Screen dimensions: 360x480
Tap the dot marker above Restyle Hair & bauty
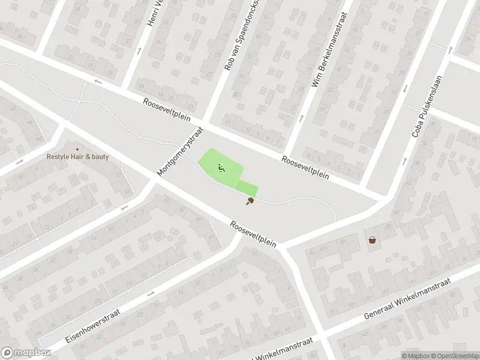point(77,149)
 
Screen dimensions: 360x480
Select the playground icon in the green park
point(221,169)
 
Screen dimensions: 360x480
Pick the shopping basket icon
point(373,240)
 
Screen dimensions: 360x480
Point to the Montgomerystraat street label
point(181,151)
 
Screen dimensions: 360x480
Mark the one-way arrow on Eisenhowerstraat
point(149,293)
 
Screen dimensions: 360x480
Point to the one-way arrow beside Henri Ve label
point(140,50)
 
